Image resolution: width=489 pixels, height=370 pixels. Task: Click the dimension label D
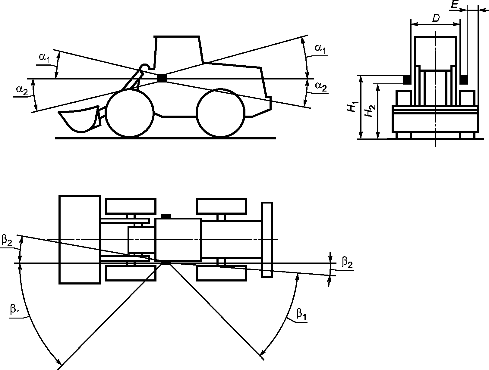436,18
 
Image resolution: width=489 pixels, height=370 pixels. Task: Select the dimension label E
454,5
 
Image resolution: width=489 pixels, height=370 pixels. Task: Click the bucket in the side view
79,119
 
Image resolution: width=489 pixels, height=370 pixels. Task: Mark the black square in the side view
162,78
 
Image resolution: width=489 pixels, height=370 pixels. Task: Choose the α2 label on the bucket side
22,91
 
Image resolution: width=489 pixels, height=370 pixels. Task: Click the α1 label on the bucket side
45,58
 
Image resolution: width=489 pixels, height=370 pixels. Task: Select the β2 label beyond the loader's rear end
347,263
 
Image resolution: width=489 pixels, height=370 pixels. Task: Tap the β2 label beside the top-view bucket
7,241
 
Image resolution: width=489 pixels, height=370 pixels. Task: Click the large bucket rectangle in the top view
80,240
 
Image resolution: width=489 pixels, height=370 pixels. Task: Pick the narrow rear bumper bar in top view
267,240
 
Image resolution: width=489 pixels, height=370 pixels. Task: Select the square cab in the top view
178,239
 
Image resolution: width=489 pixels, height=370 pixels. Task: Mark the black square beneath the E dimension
464,79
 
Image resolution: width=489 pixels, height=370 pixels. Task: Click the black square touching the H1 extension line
407,79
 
